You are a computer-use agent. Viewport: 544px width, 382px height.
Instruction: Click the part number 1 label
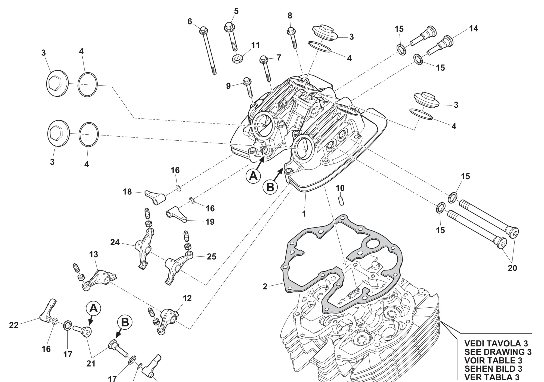pos(304,214)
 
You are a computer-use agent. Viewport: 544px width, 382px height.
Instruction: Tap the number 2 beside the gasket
pos(265,286)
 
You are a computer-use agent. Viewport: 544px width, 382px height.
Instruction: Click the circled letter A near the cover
pos(253,176)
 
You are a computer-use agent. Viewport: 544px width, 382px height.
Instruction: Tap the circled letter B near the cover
pos(270,187)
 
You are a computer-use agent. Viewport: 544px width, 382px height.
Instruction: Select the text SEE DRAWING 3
pos(498,352)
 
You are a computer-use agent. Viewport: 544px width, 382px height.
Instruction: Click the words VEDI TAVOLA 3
pos(496,343)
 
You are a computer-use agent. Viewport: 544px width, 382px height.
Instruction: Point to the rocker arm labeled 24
pos(143,248)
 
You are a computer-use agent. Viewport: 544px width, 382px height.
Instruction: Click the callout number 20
pos(512,268)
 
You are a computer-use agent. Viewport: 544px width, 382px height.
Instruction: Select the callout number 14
pos(474,29)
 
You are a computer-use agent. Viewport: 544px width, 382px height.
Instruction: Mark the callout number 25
pos(211,257)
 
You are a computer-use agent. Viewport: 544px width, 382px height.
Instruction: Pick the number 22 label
pos(14,325)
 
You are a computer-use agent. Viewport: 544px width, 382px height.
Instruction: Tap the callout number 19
pos(210,222)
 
